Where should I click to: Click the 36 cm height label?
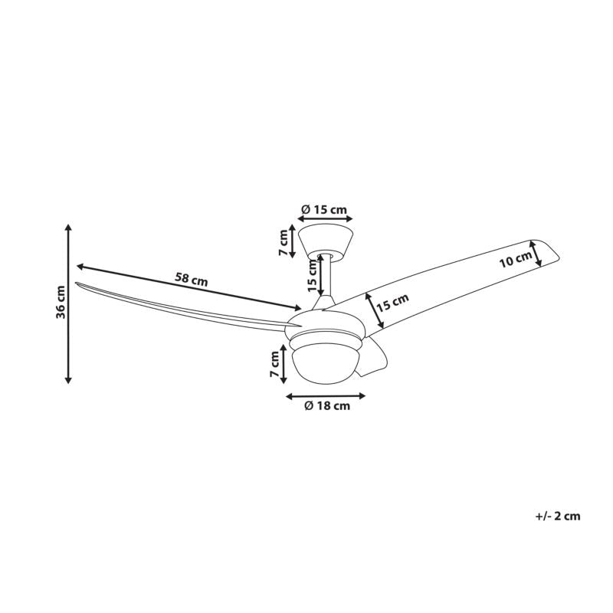tap(61, 303)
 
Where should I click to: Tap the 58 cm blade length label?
tap(191, 280)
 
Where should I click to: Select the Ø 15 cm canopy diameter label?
tap(324, 209)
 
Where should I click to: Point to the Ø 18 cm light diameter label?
tap(327, 406)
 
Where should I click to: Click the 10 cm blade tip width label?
tap(516, 259)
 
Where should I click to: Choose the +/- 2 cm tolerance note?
tap(558, 516)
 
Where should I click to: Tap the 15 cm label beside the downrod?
tap(312, 276)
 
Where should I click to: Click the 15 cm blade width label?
tap(393, 301)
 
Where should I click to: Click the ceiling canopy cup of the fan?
tap(325, 241)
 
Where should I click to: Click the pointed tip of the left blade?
tap(75, 283)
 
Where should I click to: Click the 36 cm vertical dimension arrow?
tap(68, 303)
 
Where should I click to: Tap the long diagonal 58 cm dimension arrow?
tap(188, 288)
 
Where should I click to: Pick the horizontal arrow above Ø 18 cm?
tap(326, 396)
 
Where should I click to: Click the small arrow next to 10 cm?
tap(536, 254)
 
